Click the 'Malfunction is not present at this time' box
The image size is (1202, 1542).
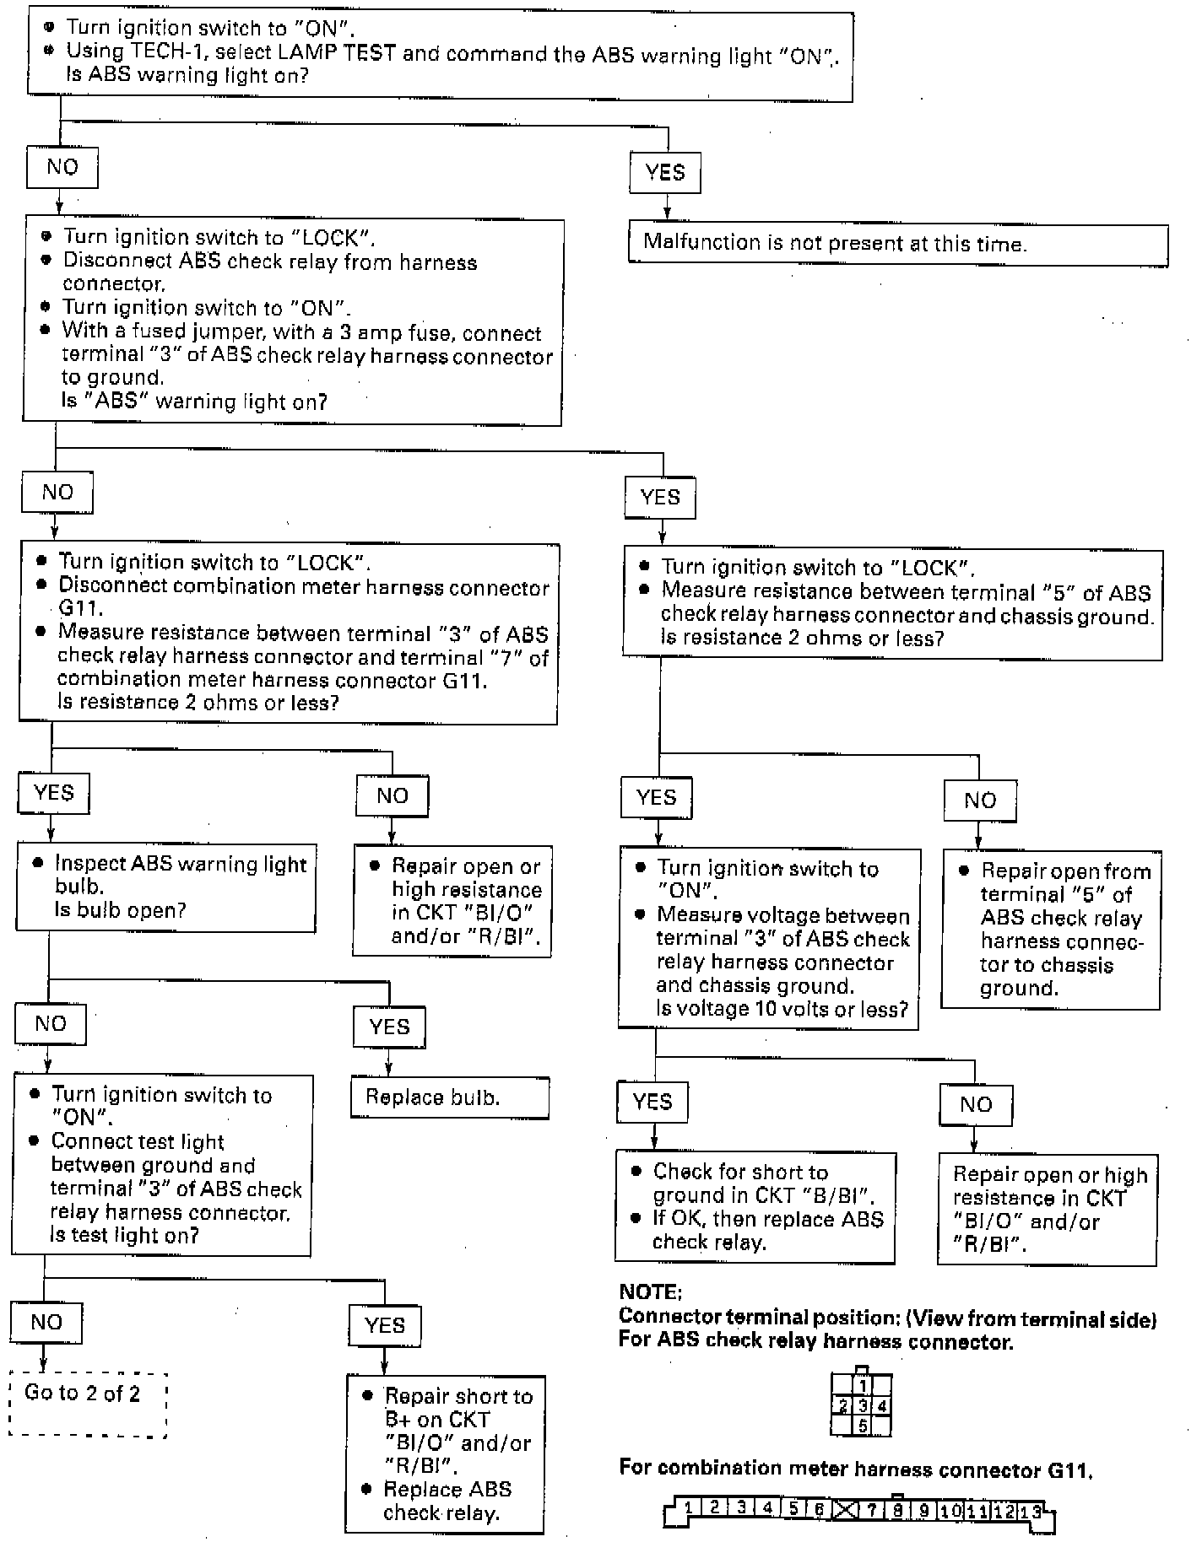897,245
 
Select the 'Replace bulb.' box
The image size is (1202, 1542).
449,1097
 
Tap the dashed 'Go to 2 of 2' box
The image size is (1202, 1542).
88,1404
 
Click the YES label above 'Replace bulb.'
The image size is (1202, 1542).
388,1027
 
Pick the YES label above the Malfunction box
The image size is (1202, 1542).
665,173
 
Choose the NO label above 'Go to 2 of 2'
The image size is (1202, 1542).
46,1322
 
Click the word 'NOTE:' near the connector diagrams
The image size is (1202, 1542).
650,1292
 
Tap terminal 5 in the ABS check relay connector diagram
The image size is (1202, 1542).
862,1426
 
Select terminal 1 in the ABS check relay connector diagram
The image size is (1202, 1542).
862,1386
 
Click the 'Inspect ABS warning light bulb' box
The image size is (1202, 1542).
165,887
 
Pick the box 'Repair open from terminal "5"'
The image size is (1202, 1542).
1050,930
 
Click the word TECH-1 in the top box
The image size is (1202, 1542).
178,52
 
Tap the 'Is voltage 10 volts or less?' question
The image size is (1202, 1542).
782,1009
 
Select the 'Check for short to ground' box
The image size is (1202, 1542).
755,1206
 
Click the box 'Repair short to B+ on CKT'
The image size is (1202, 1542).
445,1453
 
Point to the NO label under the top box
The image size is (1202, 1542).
62,167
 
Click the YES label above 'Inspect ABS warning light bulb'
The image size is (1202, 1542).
54,793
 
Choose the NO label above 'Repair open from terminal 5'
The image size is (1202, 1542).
979,801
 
